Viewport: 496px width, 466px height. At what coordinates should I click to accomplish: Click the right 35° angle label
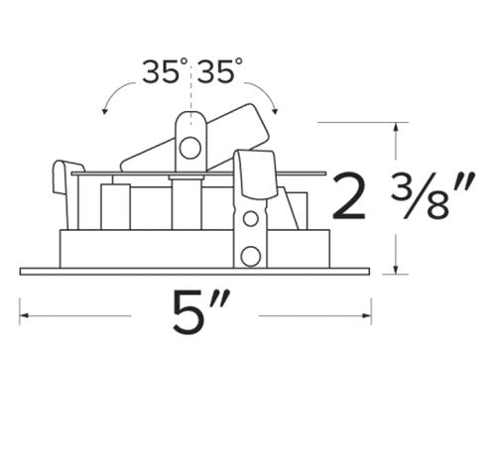click(x=220, y=70)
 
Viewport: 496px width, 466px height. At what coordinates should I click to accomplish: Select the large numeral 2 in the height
click(x=349, y=196)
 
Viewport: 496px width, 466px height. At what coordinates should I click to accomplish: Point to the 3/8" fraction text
click(x=433, y=195)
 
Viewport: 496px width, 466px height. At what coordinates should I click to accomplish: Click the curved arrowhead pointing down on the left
click(x=105, y=111)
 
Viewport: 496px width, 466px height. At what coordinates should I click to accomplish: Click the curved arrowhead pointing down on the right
click(x=275, y=111)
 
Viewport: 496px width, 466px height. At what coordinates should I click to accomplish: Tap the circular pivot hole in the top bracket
click(x=190, y=148)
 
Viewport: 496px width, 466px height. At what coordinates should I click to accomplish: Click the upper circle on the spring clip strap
click(x=251, y=218)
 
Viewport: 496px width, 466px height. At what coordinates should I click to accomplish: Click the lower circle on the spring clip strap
click(x=250, y=256)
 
